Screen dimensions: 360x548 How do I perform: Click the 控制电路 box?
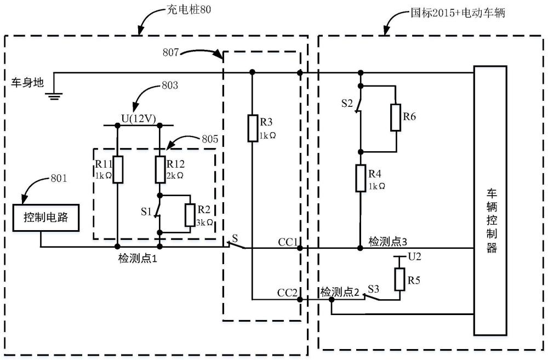point(45,218)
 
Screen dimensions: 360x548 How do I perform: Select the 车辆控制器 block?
point(491,201)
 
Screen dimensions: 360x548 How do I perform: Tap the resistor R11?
point(117,169)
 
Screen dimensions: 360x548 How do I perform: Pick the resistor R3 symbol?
point(252,128)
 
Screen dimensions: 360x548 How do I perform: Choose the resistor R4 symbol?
point(361,179)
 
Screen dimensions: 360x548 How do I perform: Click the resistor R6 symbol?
point(396,118)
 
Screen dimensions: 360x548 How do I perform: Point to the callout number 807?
point(171,53)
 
